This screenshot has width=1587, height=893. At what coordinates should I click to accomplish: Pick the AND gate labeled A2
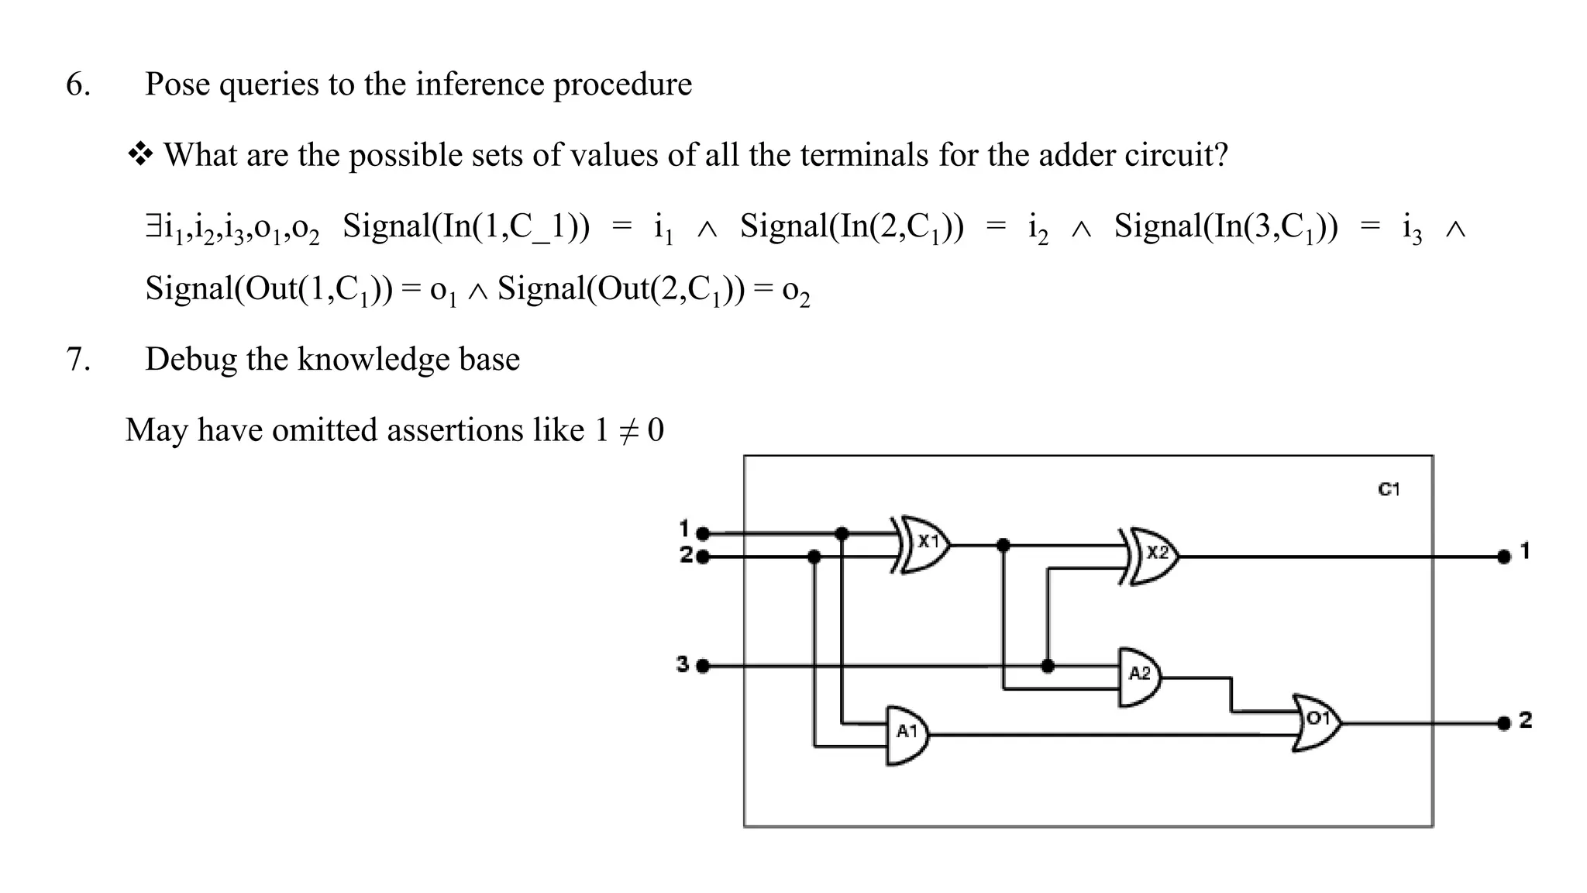pyautogui.click(x=1139, y=676)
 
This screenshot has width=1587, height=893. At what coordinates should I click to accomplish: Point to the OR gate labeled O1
pyautogui.click(x=1317, y=722)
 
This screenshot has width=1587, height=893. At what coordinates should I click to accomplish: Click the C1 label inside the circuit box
pyautogui.click(x=1389, y=490)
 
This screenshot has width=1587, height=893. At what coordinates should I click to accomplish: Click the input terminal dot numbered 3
pyautogui.click(x=703, y=666)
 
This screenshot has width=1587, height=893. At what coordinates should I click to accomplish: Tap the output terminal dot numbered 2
pyautogui.click(x=1504, y=723)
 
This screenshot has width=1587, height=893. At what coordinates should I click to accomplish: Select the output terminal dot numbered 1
pyautogui.click(x=1504, y=557)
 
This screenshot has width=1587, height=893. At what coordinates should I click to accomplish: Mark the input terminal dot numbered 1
pyautogui.click(x=703, y=533)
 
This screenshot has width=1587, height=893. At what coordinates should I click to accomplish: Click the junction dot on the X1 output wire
pyautogui.click(x=1003, y=545)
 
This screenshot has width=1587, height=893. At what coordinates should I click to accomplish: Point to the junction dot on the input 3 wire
pyautogui.click(x=1048, y=666)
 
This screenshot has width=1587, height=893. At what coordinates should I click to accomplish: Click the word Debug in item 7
pyautogui.click(x=191, y=360)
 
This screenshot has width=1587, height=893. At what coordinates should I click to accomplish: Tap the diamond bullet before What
pyautogui.click(x=140, y=155)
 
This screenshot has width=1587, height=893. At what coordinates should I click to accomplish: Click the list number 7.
pyautogui.click(x=77, y=360)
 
